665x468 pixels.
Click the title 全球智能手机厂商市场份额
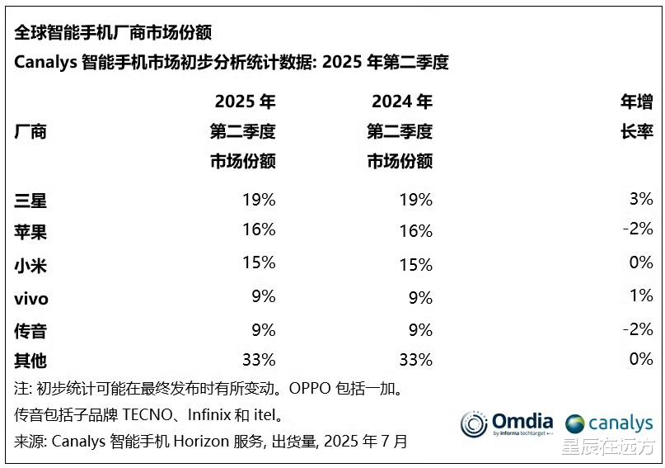pyautogui.click(x=113, y=32)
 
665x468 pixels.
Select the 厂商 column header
pyautogui.click(x=30, y=131)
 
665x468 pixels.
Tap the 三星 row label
pyautogui.click(x=30, y=199)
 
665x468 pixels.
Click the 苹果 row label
pyautogui.click(x=30, y=232)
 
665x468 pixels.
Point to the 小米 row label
pyautogui.click(x=30, y=265)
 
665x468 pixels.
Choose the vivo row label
pyautogui.click(x=31, y=297)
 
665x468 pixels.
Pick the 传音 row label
pyautogui.click(x=30, y=330)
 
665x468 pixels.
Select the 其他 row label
pyautogui.click(x=30, y=360)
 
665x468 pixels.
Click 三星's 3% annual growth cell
pyautogui.click(x=639, y=199)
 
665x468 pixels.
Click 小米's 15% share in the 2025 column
pyautogui.click(x=259, y=263)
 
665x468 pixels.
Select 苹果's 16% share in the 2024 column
pyautogui.click(x=415, y=232)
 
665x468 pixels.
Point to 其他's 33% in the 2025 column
pyautogui.click(x=257, y=360)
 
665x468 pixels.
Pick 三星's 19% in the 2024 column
pyautogui.click(x=415, y=199)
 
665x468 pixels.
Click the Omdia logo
pyautogui.click(x=506, y=423)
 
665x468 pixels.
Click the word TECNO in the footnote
pyautogui.click(x=171, y=414)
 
